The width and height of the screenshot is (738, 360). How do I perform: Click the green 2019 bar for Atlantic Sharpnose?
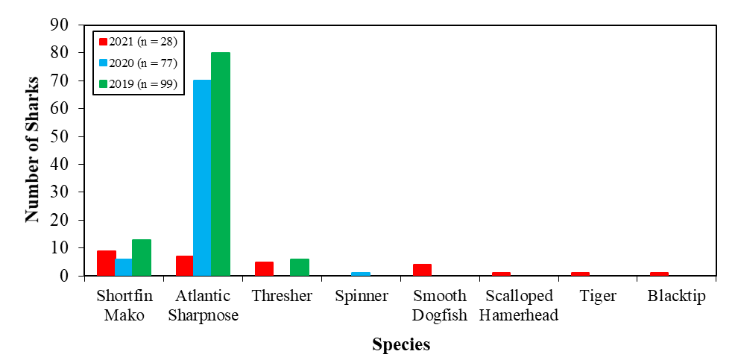coord(221,164)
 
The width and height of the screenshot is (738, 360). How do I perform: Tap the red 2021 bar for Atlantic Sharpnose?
coord(184,265)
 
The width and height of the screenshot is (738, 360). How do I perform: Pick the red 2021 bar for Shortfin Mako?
coord(106,263)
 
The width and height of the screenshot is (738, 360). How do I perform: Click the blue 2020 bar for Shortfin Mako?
coord(124,267)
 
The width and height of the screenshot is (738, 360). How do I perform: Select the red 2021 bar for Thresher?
coord(264,268)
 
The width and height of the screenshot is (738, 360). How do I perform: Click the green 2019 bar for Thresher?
coord(300,267)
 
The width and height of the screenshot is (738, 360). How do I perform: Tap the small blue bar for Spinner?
coord(361,274)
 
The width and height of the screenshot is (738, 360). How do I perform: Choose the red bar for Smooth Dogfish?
coord(422,270)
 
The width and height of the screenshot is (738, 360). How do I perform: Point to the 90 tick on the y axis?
coord(60,25)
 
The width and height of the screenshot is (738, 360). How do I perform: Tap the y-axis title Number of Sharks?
coord(32,150)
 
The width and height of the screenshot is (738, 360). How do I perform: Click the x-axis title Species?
coord(401,345)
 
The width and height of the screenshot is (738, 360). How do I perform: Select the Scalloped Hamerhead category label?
coord(518,305)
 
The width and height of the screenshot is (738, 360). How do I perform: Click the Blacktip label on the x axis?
coord(676,296)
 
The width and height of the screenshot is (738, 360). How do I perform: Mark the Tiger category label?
coord(598,296)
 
